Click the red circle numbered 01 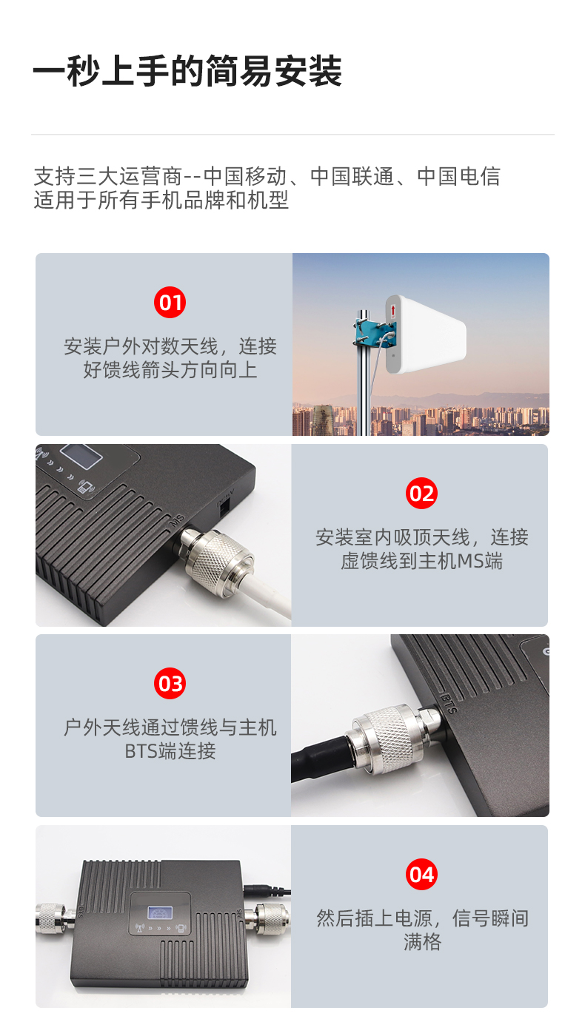(170, 303)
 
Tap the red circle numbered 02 (421, 494)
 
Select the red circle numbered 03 (170, 684)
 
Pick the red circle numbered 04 (421, 875)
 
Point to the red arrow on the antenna (393, 311)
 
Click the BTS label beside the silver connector (447, 702)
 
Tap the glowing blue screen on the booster (160, 912)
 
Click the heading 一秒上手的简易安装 (187, 71)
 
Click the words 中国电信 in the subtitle (458, 176)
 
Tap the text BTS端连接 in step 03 (170, 750)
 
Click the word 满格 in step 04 (422, 941)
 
